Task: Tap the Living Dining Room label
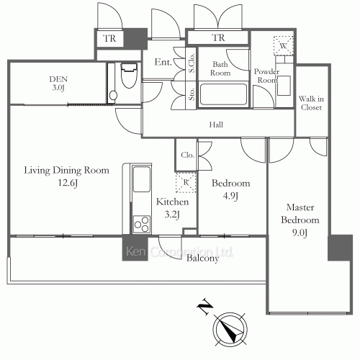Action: point(66,177)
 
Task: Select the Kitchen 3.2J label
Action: point(173,208)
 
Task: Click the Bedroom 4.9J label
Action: point(230,189)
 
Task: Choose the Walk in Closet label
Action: point(310,102)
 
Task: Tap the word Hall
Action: point(215,125)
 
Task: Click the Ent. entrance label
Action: point(163,63)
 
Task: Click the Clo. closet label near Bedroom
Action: point(186,154)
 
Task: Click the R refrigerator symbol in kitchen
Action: point(186,183)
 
